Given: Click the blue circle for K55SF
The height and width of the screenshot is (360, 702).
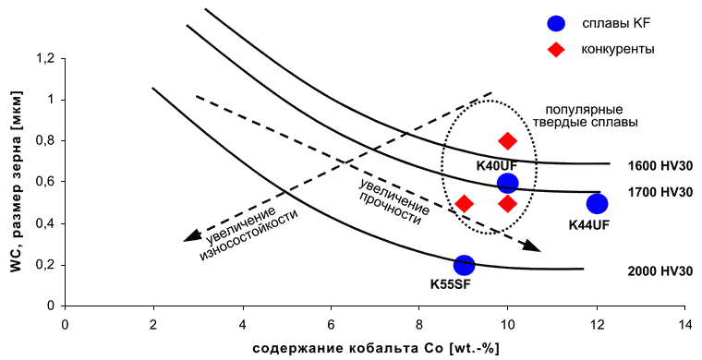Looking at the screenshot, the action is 464,265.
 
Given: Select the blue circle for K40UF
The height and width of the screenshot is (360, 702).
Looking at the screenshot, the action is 508,183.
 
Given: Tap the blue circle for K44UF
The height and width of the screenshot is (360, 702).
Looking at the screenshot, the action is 597,204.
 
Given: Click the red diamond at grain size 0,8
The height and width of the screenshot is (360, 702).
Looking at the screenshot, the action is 507,141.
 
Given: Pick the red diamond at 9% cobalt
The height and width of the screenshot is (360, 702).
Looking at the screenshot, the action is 464,204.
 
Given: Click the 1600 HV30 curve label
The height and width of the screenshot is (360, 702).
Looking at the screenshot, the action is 660,166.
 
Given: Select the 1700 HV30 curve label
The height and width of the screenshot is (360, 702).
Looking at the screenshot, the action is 660,192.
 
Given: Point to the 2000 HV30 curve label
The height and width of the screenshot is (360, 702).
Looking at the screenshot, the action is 660,271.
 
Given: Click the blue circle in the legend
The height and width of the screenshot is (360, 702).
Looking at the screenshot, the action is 556,23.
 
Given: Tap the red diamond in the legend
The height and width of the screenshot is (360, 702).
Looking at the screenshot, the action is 556,49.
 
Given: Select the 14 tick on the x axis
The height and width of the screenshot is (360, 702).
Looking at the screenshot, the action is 685,308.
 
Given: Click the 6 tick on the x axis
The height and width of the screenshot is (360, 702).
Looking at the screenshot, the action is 331,308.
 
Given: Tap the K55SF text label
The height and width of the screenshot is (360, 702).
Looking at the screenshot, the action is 451,284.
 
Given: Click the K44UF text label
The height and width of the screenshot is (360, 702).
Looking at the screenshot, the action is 588,225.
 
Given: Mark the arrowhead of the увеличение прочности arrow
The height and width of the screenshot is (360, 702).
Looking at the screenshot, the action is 533,246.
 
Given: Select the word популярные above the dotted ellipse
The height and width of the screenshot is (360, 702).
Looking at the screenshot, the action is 584,110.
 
